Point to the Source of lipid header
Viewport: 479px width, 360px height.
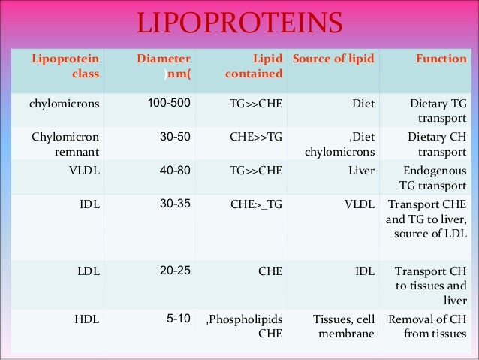pyautogui.click(x=333, y=59)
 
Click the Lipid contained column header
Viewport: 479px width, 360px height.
pyautogui.click(x=256, y=66)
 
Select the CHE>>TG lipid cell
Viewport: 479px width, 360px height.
pyautogui.click(x=255, y=137)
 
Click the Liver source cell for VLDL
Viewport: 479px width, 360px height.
pyautogui.click(x=361, y=170)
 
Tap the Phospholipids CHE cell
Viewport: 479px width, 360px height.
pyautogui.click(x=244, y=326)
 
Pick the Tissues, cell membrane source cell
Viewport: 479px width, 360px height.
pyautogui.click(x=343, y=326)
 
